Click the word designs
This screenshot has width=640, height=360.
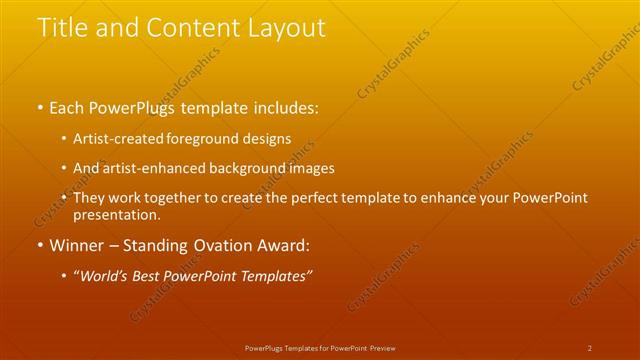tap(270, 139)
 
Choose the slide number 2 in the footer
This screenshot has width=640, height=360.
tap(590, 348)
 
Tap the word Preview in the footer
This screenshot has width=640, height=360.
tap(382, 348)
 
